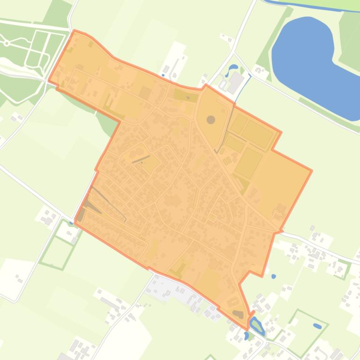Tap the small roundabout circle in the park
click(7, 43)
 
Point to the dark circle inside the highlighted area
click(211, 107)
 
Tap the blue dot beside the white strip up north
click(163, 75)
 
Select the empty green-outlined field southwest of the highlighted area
click(57, 253)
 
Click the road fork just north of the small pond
click(234, 53)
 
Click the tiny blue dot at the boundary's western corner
click(71, 223)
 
